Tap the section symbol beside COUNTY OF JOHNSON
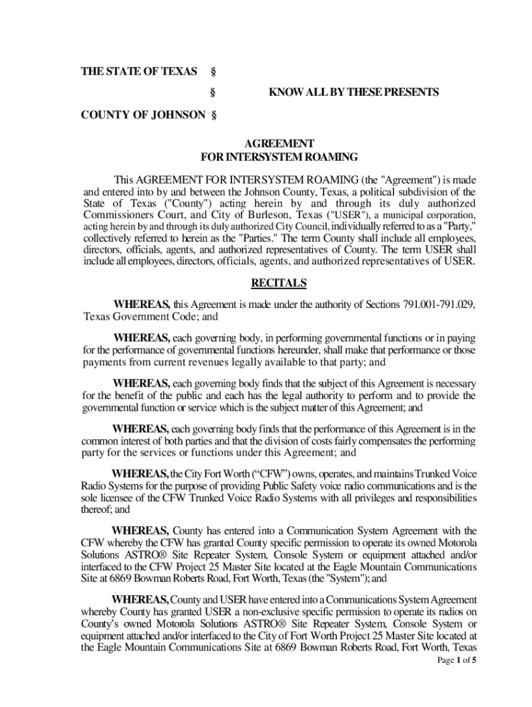pyautogui.click(x=213, y=115)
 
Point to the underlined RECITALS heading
pyautogui.click(x=278, y=283)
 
